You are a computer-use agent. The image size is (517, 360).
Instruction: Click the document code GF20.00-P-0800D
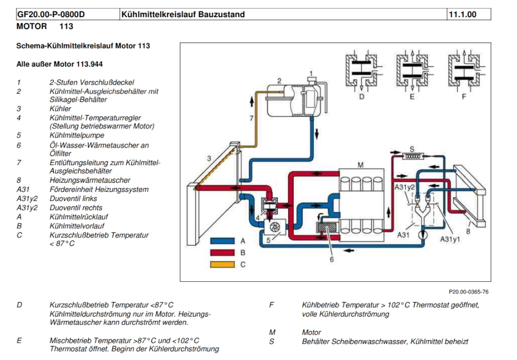pyautogui.click(x=51, y=15)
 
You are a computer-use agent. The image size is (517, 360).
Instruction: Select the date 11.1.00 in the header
pyautogui.click(x=462, y=15)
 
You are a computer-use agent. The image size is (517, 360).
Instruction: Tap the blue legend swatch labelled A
pyautogui.click(x=223, y=241)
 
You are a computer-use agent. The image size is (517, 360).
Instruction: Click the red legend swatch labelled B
pyautogui.click(x=223, y=253)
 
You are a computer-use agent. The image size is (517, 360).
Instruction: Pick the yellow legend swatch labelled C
pyautogui.click(x=223, y=265)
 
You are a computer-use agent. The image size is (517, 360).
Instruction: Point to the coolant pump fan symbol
pyautogui.click(x=275, y=227)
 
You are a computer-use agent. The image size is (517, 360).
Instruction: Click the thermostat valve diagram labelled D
pyautogui.click(x=361, y=71)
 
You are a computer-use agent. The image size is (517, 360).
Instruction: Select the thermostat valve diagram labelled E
pyautogui.click(x=412, y=71)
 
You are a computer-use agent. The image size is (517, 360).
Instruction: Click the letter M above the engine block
pyautogui.click(x=360, y=165)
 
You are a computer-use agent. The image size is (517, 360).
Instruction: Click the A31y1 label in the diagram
pyautogui.click(x=450, y=239)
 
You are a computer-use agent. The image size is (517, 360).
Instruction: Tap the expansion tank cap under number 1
pyautogui.click(x=311, y=80)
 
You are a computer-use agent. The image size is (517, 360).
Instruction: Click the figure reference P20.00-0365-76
pyautogui.click(x=469, y=292)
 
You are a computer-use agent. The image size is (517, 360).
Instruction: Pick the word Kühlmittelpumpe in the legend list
pyautogui.click(x=77, y=135)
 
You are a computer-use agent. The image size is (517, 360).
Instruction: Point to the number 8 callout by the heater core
pyautogui.click(x=468, y=231)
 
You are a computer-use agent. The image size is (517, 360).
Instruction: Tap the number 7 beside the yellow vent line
pyautogui.click(x=251, y=118)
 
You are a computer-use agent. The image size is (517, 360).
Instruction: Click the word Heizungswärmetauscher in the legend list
pyautogui.click(x=90, y=180)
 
